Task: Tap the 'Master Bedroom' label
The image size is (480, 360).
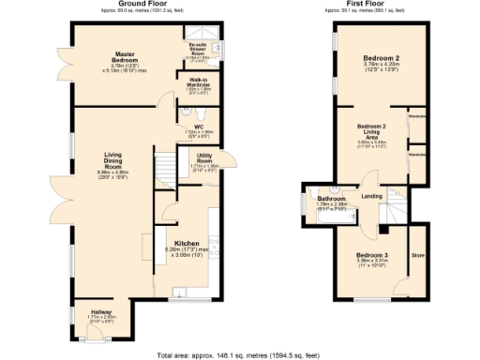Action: [x=127, y=54]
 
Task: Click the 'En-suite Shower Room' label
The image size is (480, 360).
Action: [x=198, y=46]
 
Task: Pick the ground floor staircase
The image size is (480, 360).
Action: [x=164, y=167]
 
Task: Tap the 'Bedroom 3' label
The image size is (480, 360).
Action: [x=371, y=254]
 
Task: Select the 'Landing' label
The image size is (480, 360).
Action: [x=372, y=196]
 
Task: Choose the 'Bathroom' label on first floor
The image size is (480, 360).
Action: [x=331, y=199]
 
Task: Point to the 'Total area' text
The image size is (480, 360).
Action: [x=239, y=354]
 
